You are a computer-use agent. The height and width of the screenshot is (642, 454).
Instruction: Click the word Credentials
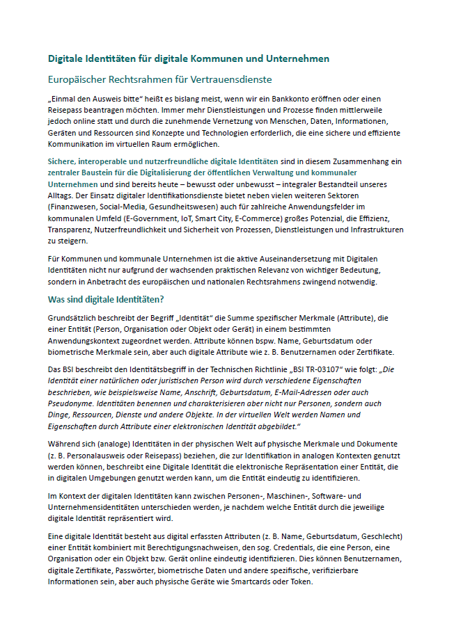[x=271, y=548]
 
